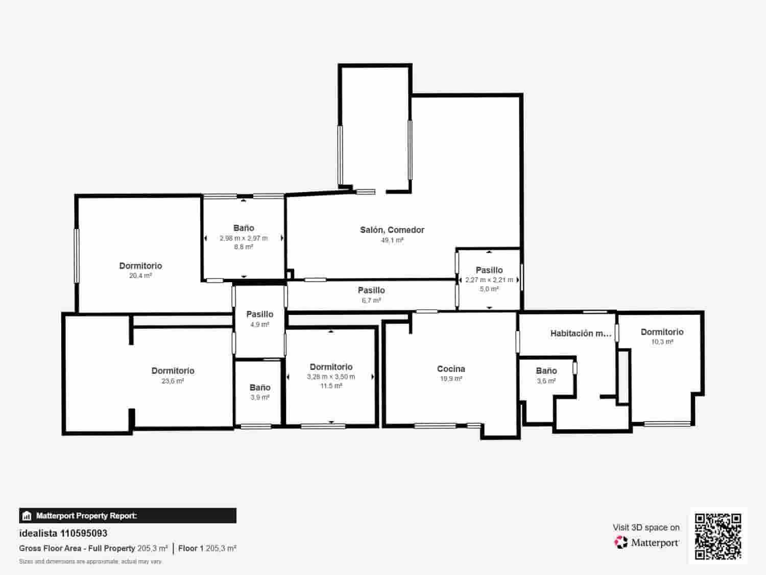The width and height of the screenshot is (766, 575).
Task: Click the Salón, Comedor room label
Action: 392,230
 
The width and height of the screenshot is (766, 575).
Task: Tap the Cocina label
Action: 451,369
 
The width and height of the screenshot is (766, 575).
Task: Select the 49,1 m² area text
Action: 392,240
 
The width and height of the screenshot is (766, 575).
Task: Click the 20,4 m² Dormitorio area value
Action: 140,275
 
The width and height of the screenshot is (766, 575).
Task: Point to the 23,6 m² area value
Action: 173,381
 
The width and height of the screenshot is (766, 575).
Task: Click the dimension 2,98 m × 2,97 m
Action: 244,238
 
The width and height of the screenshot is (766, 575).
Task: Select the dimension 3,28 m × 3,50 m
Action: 331,377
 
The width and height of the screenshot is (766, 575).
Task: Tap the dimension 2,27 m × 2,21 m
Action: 489,280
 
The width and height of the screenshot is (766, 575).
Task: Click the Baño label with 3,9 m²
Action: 259,387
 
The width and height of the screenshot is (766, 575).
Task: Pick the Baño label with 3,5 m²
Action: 546,371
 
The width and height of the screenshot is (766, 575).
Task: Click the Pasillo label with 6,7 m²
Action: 371,290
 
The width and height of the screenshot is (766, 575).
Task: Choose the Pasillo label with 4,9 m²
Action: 259,314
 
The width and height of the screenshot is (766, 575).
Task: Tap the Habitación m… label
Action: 581,333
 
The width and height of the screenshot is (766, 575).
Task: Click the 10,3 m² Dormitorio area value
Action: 662,342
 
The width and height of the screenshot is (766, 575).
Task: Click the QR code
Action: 717,536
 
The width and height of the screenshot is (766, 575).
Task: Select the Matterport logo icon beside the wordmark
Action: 621,542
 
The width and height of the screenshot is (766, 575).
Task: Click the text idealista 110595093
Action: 63,533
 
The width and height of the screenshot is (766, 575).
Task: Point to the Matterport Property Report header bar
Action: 128,516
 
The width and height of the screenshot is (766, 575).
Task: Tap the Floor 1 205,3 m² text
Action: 207,548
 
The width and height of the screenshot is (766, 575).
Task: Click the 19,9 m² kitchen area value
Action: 451,379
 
